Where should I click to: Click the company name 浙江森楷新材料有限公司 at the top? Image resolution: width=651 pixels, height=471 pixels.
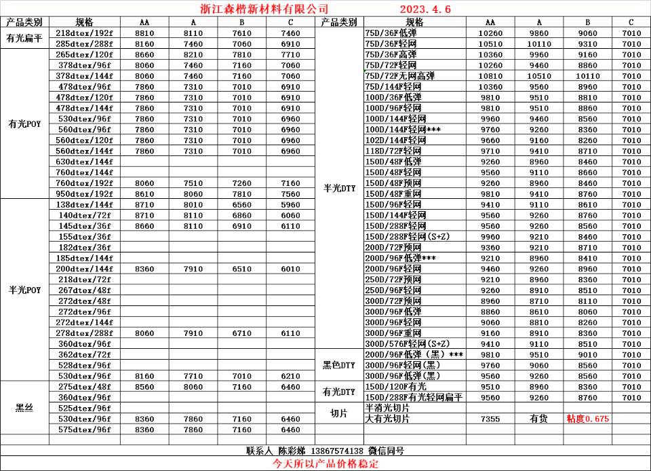tap(265, 9)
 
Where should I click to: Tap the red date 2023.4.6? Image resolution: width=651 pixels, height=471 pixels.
tap(425, 9)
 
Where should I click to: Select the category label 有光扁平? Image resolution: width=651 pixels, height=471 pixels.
tap(25, 39)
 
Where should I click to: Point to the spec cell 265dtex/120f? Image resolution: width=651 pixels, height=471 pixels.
tap(84, 54)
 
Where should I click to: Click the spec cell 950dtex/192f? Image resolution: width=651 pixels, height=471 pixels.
tap(84, 193)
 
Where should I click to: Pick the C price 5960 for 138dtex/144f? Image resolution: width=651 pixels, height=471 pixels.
tap(290, 204)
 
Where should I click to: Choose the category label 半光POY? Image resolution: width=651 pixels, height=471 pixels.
tap(25, 290)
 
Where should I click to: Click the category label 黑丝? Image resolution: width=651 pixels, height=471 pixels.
tap(25, 408)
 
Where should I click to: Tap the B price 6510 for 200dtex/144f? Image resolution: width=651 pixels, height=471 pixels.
tap(241, 269)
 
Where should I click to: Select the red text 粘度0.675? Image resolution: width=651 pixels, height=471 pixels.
tap(587, 419)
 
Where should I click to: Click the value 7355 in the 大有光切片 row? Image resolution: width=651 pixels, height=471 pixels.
tap(490, 419)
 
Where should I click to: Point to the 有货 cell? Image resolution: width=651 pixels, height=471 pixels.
tap(539, 419)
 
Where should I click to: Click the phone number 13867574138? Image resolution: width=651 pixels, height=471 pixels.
tap(337, 451)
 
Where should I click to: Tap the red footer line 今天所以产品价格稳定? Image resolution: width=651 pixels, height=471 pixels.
tap(325, 464)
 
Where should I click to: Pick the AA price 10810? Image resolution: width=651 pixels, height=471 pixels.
tap(490, 76)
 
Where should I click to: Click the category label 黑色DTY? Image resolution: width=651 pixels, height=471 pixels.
tap(339, 365)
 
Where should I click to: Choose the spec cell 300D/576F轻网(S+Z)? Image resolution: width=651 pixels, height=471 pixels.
tap(408, 343)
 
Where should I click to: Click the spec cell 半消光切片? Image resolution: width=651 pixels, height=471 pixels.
tap(388, 408)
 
